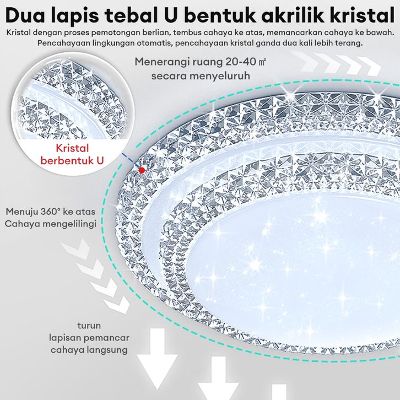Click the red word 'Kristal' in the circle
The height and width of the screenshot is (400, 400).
click(x=72, y=148)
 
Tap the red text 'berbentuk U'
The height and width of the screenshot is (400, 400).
click(x=72, y=161)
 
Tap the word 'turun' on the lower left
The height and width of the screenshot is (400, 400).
click(x=88, y=326)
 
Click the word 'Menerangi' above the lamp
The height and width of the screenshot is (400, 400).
click(x=160, y=62)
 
